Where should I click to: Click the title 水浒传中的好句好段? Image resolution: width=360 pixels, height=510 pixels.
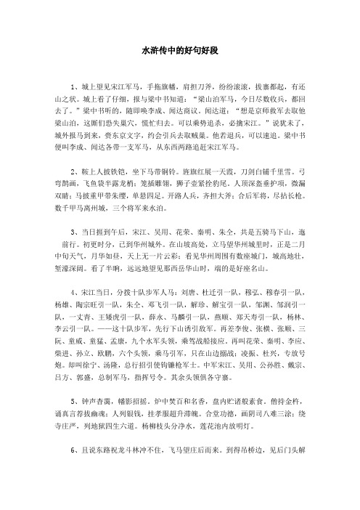tap(180, 52)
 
